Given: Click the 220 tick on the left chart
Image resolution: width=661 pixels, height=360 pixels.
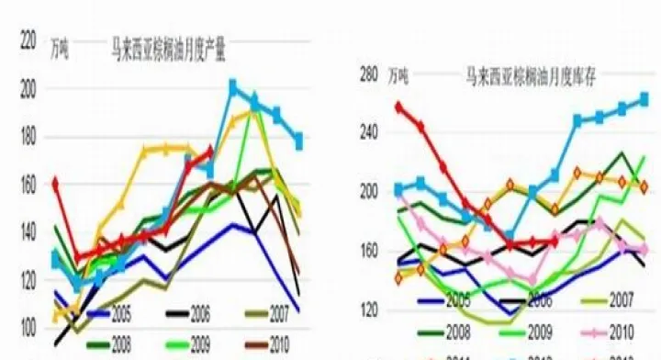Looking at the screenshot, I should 27,40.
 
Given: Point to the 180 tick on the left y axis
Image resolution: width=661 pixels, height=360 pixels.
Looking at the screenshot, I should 27,137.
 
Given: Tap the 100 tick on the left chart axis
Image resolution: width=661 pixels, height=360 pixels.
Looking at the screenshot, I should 27,329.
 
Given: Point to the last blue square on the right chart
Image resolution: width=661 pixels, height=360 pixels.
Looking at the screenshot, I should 644,99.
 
